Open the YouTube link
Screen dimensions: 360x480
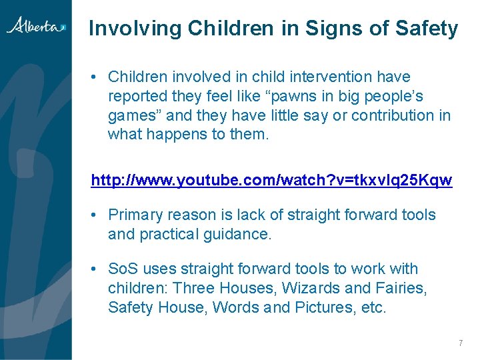click(271, 181)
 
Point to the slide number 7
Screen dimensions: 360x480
click(460, 343)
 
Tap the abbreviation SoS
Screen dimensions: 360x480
click(123, 269)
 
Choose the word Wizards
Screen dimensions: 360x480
click(311, 288)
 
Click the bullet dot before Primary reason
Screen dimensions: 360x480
click(95, 215)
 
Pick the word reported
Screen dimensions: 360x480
click(137, 96)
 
